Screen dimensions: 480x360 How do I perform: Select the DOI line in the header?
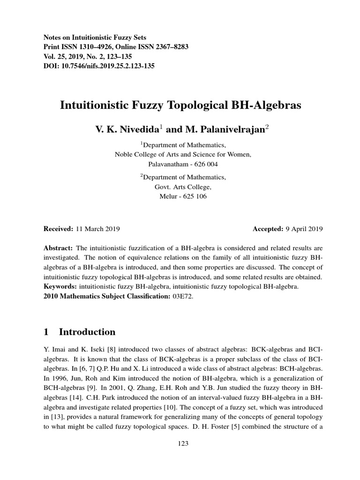point(99,66)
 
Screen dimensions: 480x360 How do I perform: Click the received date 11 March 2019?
point(97,229)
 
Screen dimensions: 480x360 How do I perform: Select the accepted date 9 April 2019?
point(304,229)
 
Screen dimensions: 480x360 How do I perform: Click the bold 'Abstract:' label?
point(58,247)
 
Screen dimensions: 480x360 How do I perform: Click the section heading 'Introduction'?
point(87,332)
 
